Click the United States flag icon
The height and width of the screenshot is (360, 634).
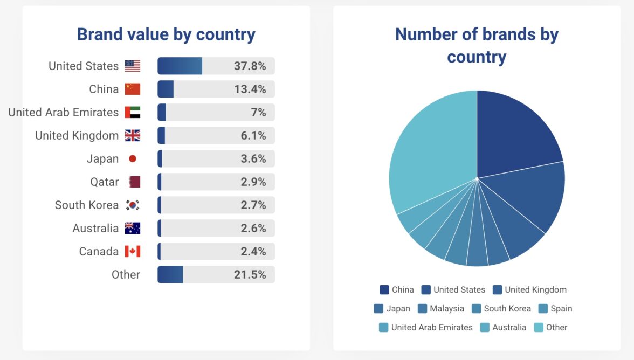133,66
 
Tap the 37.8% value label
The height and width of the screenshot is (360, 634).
250,66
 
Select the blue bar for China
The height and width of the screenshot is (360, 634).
166,89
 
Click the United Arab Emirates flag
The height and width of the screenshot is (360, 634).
133,112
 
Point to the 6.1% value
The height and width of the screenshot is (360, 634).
253,135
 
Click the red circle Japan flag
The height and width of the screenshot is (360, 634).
133,158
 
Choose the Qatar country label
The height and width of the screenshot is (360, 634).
104,182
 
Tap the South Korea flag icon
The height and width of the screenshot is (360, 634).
133,205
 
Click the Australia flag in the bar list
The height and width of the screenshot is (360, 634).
133,228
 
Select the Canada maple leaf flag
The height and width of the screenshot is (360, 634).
133,251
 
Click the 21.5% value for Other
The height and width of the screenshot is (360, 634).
250,274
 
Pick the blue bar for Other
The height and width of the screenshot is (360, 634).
170,274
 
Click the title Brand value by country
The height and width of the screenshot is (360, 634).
166,34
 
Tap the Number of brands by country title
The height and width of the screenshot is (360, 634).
477,45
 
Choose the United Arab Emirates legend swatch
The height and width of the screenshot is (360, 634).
383,327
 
